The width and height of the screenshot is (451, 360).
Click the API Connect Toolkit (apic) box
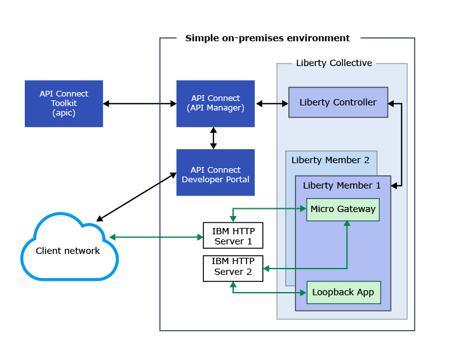64,103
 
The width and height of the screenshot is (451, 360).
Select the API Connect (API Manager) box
215,103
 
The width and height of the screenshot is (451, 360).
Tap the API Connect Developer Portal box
215,173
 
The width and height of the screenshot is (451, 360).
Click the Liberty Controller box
338,102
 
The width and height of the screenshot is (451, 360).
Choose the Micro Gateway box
342,210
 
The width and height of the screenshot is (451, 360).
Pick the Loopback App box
344,293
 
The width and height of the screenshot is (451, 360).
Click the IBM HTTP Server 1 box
232,236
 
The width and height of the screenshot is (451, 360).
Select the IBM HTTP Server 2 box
232,269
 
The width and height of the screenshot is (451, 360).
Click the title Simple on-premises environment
267,38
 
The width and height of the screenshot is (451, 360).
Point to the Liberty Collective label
334,63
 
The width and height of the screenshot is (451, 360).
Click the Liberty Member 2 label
330,160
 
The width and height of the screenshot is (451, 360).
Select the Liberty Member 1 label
342,185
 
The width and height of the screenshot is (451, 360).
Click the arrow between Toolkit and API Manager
140,103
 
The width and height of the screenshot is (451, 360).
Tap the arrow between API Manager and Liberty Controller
272,103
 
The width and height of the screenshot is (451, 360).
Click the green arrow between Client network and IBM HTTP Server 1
156,237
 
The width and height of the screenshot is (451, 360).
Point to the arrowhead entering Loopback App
303,293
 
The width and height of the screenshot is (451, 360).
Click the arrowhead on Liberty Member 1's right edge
394,185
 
